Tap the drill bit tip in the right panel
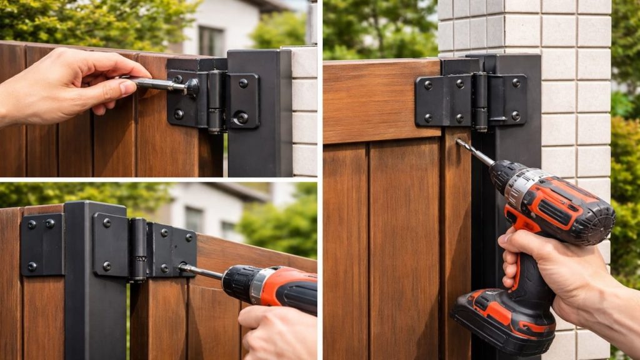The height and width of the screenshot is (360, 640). [459, 142]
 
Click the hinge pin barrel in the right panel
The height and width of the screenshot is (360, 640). [479, 101]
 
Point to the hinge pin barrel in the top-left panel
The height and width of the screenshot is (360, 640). [216, 100]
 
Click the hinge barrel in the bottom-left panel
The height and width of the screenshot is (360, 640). [138, 249]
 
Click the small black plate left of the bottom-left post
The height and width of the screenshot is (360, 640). [41, 244]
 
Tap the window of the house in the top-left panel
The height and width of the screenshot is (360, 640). [211, 41]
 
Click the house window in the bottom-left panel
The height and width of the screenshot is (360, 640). [194, 219]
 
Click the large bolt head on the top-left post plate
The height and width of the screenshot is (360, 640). [242, 117]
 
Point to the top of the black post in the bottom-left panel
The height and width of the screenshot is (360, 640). [95, 207]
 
